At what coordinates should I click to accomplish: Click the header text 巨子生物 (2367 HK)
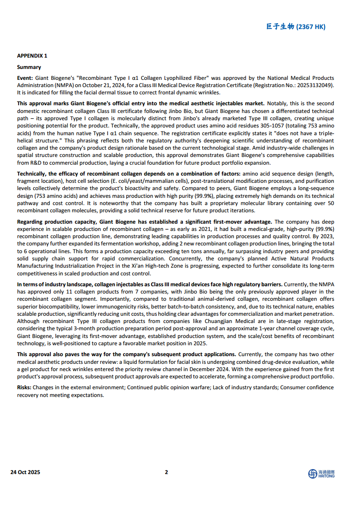pos(296,27)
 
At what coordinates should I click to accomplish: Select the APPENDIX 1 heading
pos(32,56)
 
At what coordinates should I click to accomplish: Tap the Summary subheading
pos(29,67)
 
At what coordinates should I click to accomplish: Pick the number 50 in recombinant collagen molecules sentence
pos(330,203)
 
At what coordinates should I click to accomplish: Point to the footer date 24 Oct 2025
pos(25,472)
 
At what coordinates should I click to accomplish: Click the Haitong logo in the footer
pos(321,474)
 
